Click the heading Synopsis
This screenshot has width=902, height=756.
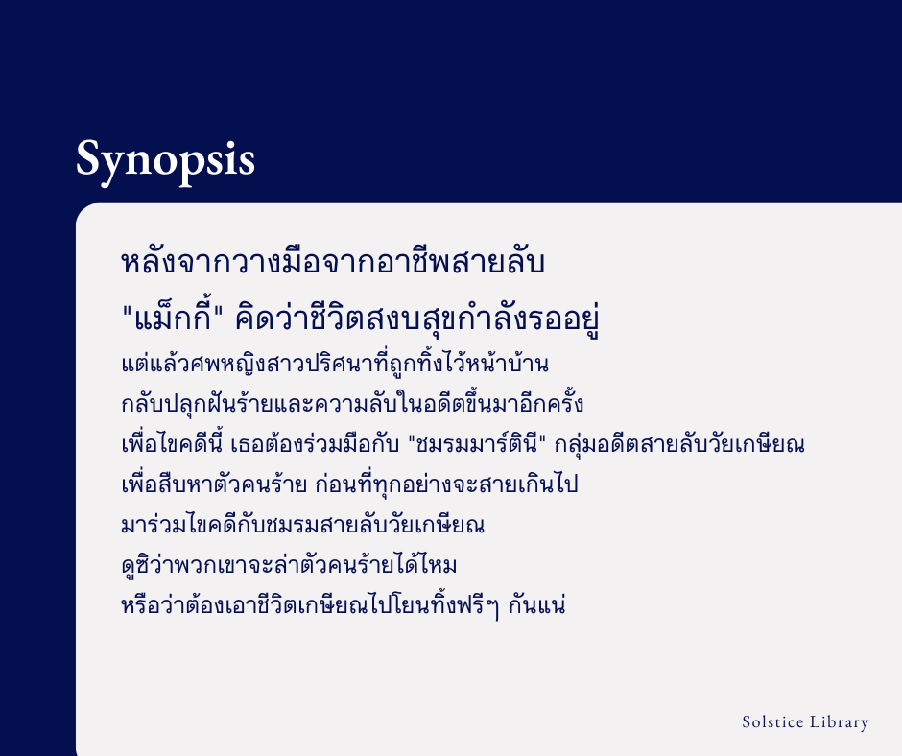[165, 159]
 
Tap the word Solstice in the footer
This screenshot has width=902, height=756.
[773, 722]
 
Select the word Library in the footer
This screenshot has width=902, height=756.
[841, 722]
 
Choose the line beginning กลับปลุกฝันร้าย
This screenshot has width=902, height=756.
[352, 404]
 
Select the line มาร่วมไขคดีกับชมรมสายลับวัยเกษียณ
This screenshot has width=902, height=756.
[303, 525]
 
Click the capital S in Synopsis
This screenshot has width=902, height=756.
[89, 157]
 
